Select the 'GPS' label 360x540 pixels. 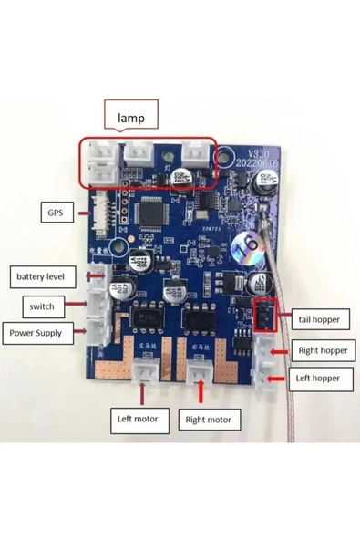pos(55,213)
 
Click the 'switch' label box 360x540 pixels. pos(41,306)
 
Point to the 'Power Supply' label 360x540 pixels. pos(36,333)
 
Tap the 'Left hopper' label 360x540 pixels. pos(318,377)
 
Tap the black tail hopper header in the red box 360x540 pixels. pos(262,317)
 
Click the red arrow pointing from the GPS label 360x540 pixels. pos(79,213)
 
